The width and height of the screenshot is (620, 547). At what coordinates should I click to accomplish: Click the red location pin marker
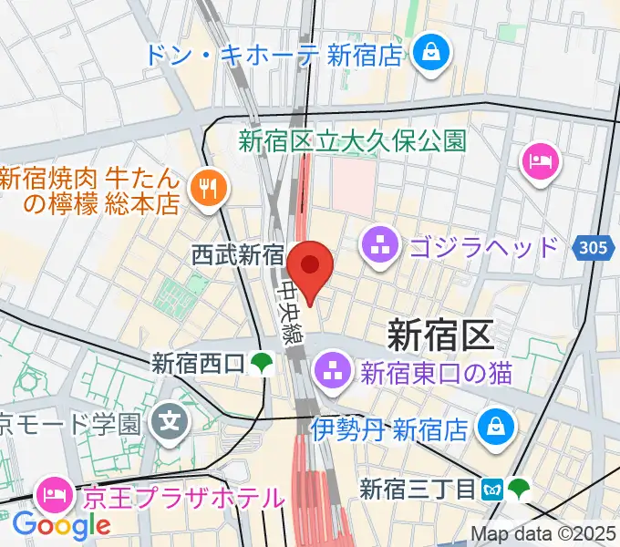(x=310, y=266)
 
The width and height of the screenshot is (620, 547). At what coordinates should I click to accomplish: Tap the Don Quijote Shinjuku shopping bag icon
(x=428, y=54)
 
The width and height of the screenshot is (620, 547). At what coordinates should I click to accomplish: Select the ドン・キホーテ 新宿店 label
(x=273, y=55)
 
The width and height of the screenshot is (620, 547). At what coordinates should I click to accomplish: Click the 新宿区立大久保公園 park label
(x=352, y=141)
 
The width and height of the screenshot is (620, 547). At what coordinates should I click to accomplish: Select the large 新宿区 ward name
(x=440, y=335)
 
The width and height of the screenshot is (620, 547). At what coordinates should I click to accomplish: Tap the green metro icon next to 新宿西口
(x=263, y=364)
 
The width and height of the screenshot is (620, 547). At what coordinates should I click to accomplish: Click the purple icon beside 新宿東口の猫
(x=327, y=371)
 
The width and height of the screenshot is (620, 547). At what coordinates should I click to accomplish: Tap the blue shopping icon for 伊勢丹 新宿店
(x=497, y=427)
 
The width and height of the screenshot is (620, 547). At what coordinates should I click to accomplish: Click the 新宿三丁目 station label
(x=417, y=490)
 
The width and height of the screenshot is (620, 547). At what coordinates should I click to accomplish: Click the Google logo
(x=62, y=525)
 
